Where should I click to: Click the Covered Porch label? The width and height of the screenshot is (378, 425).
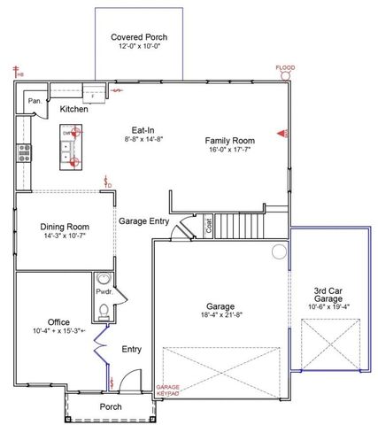(x=139, y=37)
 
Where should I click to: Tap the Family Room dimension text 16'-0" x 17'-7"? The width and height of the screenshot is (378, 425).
(x=229, y=151)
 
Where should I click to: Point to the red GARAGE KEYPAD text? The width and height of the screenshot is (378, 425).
(x=168, y=390)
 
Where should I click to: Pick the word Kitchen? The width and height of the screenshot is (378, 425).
(x=73, y=110)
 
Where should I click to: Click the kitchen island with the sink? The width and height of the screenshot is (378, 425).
(x=68, y=147)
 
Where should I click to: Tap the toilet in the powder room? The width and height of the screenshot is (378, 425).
(x=104, y=311)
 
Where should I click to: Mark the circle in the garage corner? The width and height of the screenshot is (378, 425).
(x=280, y=252)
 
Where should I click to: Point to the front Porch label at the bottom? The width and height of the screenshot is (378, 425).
(x=112, y=407)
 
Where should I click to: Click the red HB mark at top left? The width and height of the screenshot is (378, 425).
(x=16, y=71)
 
